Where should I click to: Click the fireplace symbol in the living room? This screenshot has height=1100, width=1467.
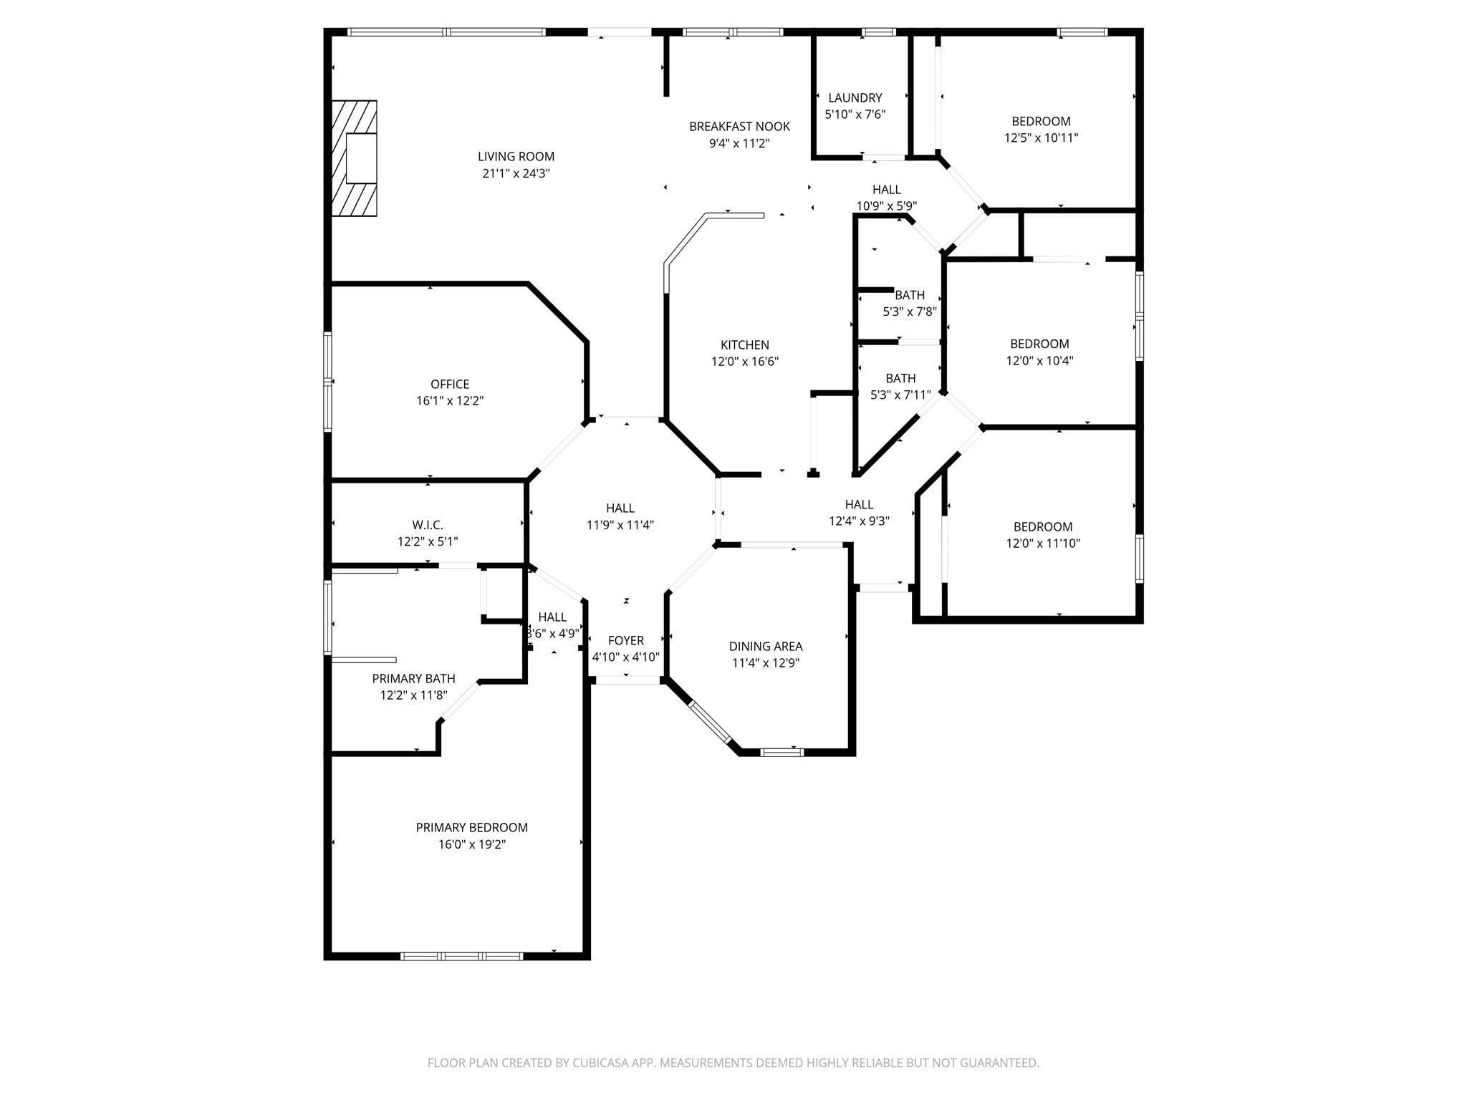tap(354, 158)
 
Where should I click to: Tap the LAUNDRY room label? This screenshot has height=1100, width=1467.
tap(855, 98)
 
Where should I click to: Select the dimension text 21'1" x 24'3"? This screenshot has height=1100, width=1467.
tap(516, 173)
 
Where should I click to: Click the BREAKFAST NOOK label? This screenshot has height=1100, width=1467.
tap(739, 127)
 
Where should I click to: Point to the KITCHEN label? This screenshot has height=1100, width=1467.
tap(744, 345)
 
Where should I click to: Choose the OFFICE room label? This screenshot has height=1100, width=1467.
tap(450, 385)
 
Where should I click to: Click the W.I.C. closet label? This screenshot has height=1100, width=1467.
tap(428, 526)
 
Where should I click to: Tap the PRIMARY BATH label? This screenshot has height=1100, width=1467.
tap(413, 679)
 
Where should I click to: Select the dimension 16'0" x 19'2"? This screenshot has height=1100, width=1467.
tap(472, 845)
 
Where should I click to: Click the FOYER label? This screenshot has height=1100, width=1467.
tap(625, 641)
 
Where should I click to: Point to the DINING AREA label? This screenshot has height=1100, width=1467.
tap(766, 647)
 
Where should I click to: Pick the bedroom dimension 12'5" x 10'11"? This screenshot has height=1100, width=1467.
tap(1041, 138)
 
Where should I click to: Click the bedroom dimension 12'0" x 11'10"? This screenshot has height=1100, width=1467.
tap(1042, 544)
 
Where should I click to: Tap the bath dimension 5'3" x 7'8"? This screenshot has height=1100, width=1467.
tap(910, 312)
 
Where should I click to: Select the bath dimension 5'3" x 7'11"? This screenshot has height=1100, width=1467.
tap(900, 395)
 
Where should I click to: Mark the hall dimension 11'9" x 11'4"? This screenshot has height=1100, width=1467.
tap(620, 525)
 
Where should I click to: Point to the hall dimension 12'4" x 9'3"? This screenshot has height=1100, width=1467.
tap(859, 521)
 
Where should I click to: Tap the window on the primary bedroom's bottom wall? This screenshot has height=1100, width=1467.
tap(461, 956)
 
